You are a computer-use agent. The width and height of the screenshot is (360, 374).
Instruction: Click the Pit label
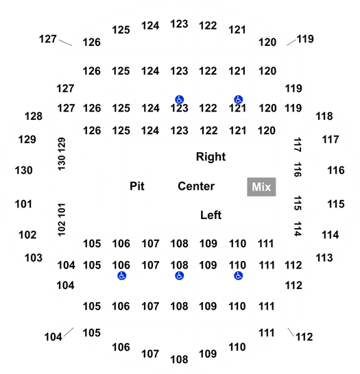pos(136,186)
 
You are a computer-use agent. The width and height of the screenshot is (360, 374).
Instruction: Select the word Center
pos(196,186)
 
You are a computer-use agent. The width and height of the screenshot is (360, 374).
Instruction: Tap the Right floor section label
pos(211,157)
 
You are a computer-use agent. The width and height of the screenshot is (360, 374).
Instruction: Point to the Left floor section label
pos(211,215)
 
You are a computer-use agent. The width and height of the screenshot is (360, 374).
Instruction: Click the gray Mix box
pos(261,187)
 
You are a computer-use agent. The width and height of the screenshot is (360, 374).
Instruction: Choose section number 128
pos(34,116)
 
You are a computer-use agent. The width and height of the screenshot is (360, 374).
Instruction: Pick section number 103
pos(34,258)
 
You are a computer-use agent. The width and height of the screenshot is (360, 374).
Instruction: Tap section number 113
pos(324,258)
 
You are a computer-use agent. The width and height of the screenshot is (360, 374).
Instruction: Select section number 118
pos(324,116)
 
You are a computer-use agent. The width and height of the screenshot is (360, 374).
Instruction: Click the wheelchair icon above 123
pos(179,99)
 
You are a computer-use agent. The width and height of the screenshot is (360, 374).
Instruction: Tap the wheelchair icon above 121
pos(238,99)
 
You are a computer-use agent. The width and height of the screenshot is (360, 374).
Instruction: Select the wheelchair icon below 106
pos(122,276)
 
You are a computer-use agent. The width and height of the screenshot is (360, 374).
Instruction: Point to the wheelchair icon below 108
pos(179,276)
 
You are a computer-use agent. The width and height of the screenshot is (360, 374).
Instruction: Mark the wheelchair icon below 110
pos(238,276)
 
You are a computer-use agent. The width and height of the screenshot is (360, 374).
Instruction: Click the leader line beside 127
pos(65,42)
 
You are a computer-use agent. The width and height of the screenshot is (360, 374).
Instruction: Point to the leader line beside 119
pos(291,42)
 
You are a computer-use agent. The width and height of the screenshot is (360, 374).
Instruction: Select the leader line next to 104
pos(69,332)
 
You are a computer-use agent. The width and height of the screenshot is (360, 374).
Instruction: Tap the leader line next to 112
pos(291,332)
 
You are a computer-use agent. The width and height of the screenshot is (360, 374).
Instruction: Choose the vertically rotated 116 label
pos(298,170)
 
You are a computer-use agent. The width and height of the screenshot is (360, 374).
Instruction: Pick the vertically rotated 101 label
pos(62,210)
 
